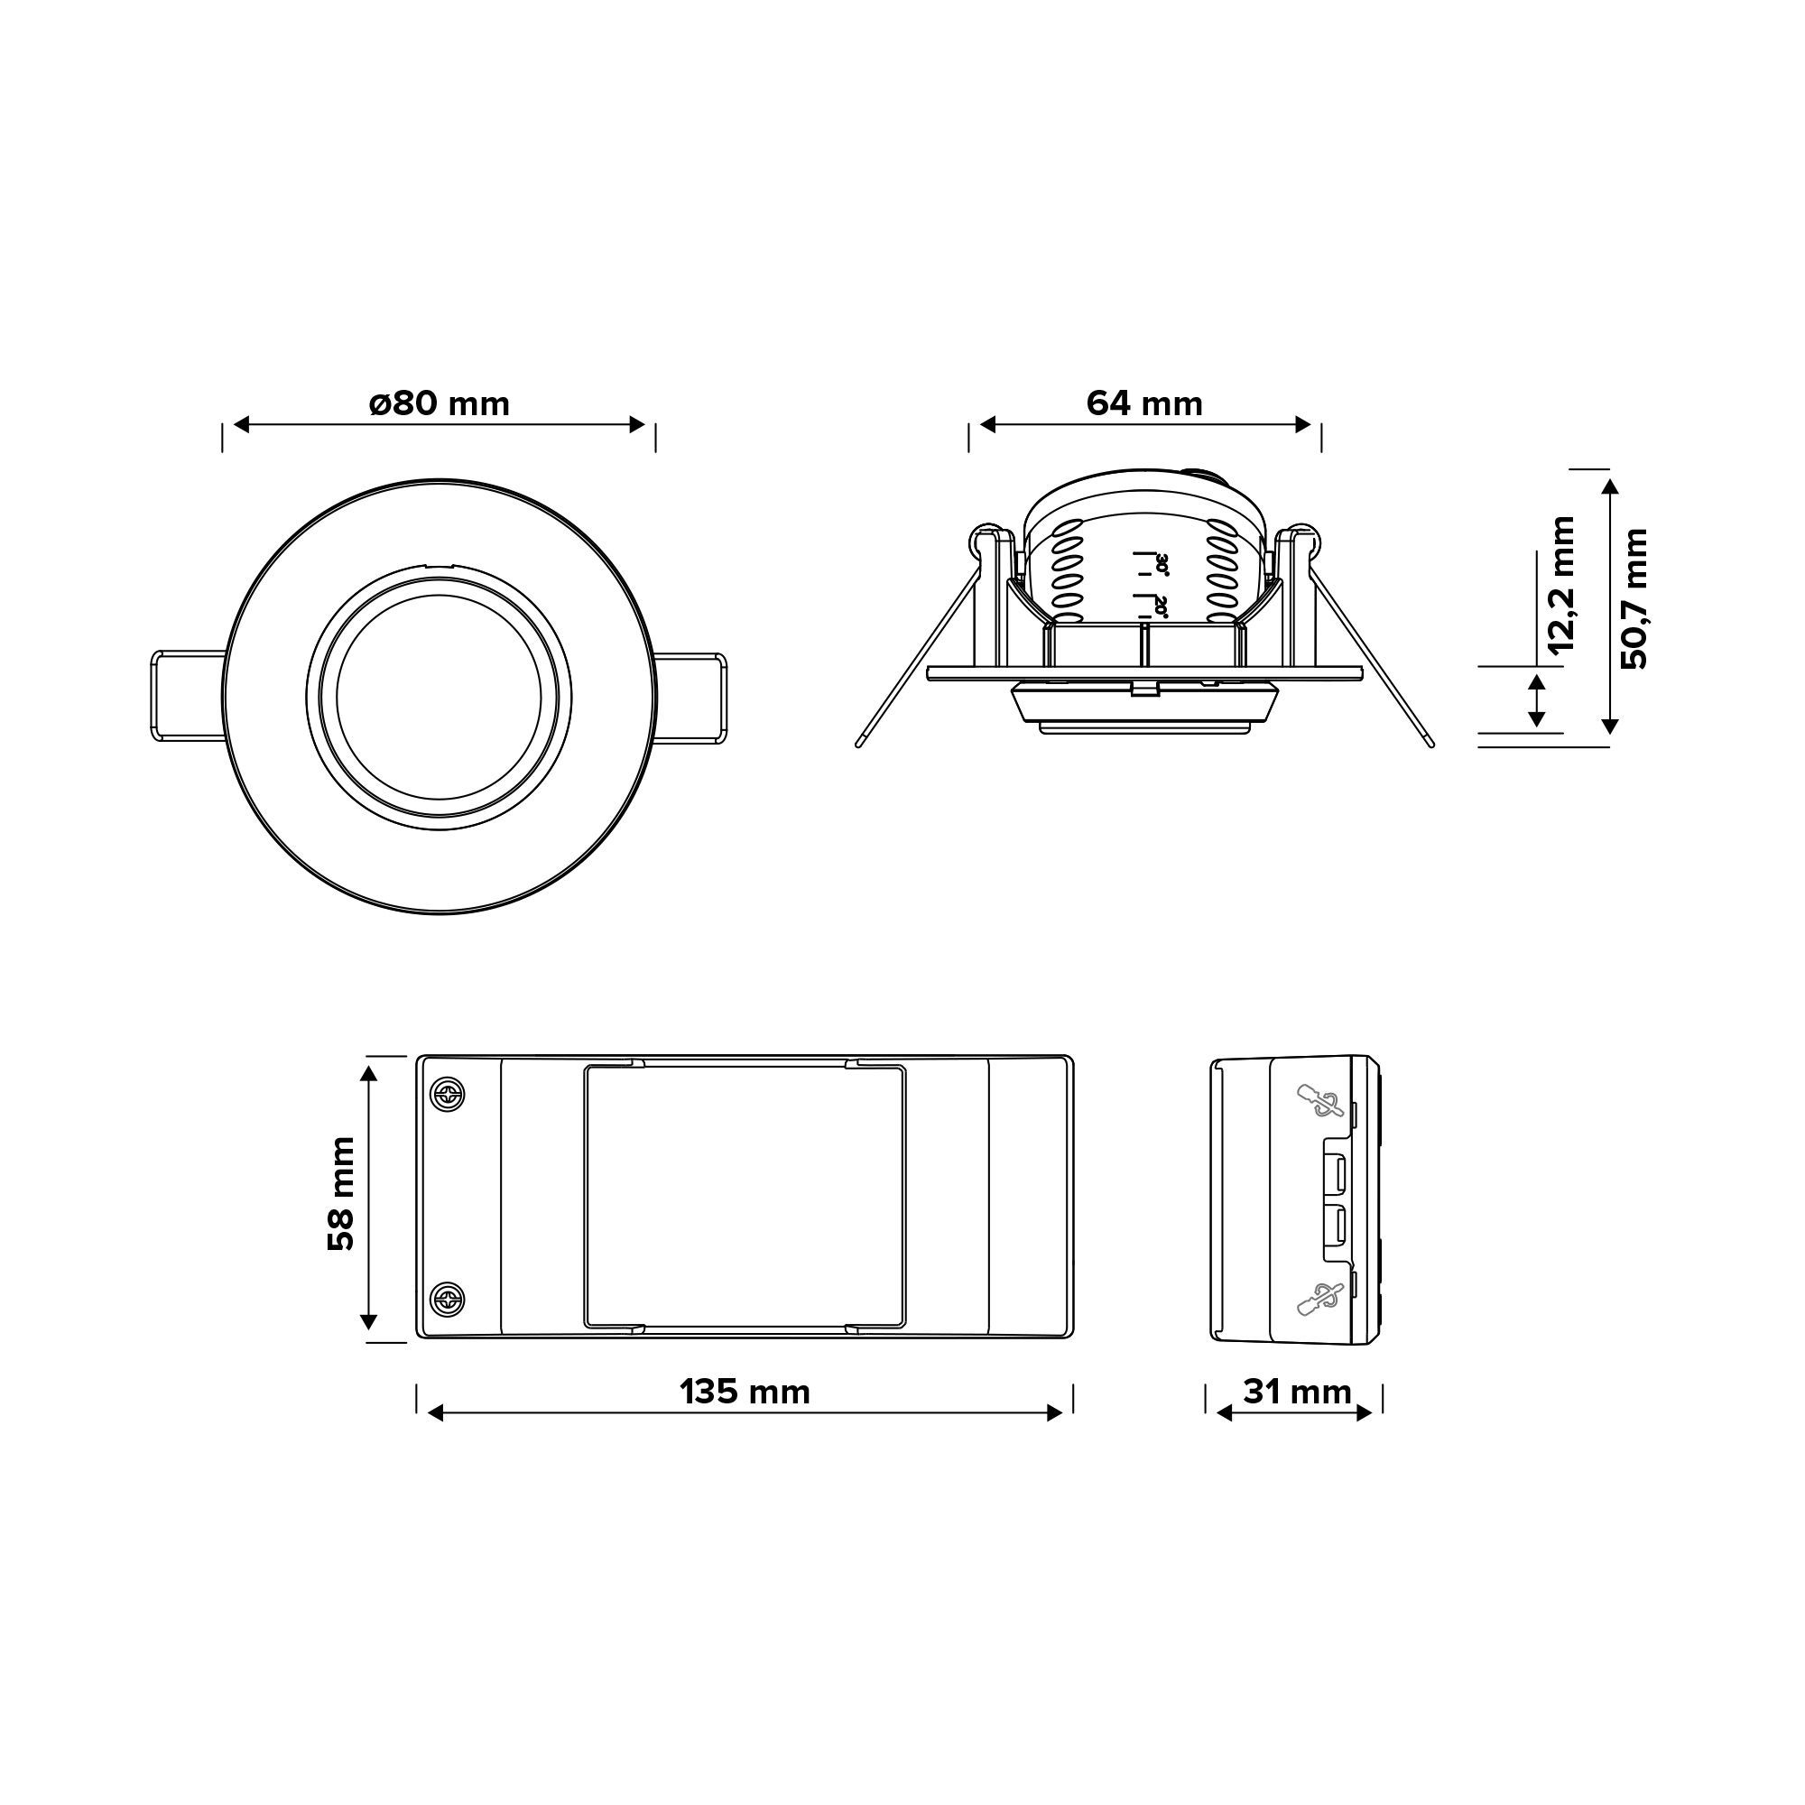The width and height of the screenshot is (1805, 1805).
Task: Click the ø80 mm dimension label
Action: [440, 403]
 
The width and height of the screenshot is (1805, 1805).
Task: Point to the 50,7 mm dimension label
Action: [1635, 599]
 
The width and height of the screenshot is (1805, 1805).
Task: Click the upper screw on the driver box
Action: [448, 1095]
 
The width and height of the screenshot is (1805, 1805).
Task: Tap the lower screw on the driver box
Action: [448, 1298]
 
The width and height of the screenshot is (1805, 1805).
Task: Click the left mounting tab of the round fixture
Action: [188, 697]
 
